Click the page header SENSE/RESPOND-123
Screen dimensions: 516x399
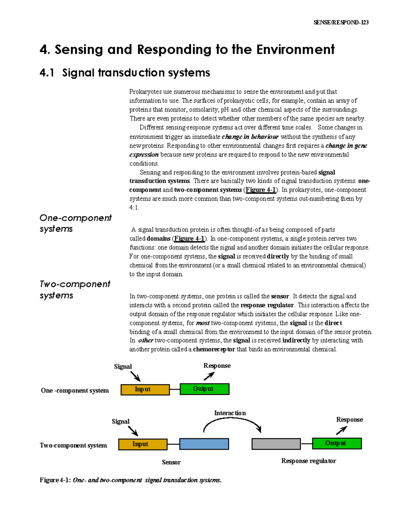[341, 23]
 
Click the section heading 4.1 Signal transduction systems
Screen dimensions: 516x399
[125, 73]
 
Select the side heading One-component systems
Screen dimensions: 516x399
[75, 223]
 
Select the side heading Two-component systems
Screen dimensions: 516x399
[74, 289]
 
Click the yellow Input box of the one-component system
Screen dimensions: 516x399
[145, 389]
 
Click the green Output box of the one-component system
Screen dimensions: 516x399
[204, 389]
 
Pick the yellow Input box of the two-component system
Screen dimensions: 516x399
[143, 444]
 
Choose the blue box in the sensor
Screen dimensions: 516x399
[204, 444]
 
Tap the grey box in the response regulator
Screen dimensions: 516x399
[276, 444]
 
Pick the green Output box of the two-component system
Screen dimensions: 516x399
[336, 443]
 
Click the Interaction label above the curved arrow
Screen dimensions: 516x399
[230, 413]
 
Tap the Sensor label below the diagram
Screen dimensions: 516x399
[171, 462]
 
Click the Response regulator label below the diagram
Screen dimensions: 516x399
[308, 461]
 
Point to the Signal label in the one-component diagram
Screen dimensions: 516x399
[123, 366]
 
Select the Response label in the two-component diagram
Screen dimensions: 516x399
[349, 420]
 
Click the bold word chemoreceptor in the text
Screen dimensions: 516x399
[214, 349]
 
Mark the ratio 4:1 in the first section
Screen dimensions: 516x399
[134, 208]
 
